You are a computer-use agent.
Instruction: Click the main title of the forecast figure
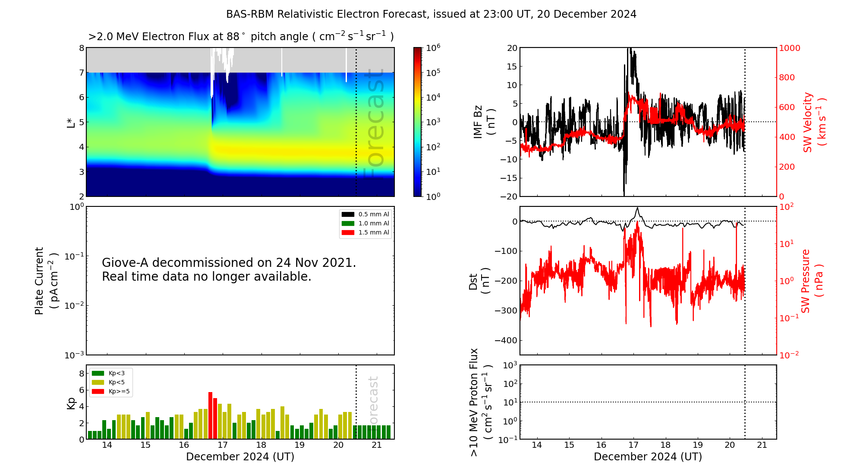click(x=431, y=14)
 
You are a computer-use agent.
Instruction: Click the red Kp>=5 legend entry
click(x=110, y=392)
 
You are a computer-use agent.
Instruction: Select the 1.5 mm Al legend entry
click(x=365, y=232)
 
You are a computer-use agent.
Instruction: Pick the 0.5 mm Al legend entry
click(x=365, y=214)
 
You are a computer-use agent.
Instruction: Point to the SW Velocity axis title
click(x=814, y=122)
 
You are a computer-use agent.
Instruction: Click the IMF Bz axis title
click(x=484, y=122)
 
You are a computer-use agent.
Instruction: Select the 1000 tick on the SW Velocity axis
click(x=789, y=48)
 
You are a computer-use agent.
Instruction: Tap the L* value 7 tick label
click(x=82, y=73)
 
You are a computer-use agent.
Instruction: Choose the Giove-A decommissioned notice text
click(x=229, y=269)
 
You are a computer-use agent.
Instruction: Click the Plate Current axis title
click(x=46, y=281)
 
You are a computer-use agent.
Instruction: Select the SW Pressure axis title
click(x=812, y=281)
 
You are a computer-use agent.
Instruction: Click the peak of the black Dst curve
click(x=637, y=208)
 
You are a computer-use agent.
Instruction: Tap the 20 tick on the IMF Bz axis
click(x=512, y=48)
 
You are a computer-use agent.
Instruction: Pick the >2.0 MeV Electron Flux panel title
click(x=241, y=37)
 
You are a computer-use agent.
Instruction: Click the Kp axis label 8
click(x=82, y=374)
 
